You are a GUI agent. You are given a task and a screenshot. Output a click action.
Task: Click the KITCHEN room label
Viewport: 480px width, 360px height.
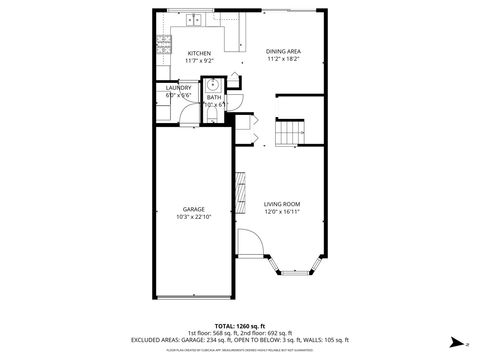click(x=199, y=52)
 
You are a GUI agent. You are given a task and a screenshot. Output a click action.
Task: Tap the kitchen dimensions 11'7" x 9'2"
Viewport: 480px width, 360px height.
click(x=199, y=61)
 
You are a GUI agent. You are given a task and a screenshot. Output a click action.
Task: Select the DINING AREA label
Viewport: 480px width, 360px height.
click(x=283, y=52)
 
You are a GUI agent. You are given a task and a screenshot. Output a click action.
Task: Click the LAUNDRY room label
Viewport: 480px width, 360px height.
click(x=178, y=87)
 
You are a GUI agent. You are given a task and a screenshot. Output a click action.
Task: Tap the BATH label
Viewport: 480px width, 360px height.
click(x=214, y=97)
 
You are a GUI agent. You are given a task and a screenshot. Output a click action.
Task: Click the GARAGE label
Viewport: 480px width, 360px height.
click(x=193, y=209)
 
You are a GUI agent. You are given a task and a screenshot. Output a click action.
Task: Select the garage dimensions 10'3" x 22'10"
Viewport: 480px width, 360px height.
click(x=193, y=217)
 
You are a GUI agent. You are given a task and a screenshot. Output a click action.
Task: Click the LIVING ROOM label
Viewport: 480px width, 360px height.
click(x=282, y=203)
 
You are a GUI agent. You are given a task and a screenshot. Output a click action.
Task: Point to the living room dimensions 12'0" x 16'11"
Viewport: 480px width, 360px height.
click(x=282, y=211)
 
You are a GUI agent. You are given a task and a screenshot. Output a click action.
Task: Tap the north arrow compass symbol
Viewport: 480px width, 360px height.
click(x=455, y=340)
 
